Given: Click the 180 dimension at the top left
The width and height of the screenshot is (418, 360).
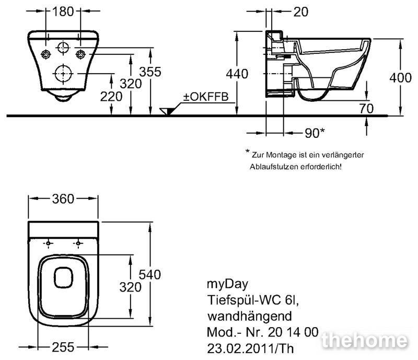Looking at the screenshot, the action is click(63, 11).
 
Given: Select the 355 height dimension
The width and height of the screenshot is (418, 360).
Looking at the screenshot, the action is click(150, 72).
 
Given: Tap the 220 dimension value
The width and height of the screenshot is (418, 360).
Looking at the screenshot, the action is click(111, 97).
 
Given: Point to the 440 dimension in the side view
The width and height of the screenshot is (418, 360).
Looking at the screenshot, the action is click(237, 74).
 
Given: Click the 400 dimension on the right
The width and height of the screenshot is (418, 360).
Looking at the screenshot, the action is click(400, 78).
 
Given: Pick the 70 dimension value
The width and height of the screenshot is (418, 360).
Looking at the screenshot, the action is click(366, 109).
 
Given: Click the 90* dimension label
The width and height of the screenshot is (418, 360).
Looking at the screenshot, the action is click(315, 133).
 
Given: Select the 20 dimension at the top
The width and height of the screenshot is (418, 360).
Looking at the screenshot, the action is click(301, 12).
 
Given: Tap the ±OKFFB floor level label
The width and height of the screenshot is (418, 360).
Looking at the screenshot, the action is click(206, 97).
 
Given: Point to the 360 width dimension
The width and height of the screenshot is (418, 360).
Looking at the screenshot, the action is click(63, 199).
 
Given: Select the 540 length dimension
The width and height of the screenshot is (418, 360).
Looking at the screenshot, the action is click(150, 275).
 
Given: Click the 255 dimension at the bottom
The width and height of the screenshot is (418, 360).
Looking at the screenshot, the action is click(63, 347).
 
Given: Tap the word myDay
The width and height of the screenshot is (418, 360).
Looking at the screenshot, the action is click(227, 285).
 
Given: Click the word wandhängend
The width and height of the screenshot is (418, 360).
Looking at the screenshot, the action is click(250, 317).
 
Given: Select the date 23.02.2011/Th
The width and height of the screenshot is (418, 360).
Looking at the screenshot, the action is click(250, 349).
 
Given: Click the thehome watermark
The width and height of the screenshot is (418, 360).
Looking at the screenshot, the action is click(364, 341).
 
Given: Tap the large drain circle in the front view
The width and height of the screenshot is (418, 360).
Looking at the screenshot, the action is click(63, 73).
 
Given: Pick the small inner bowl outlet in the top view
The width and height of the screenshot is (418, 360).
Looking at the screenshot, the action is click(63, 277).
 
